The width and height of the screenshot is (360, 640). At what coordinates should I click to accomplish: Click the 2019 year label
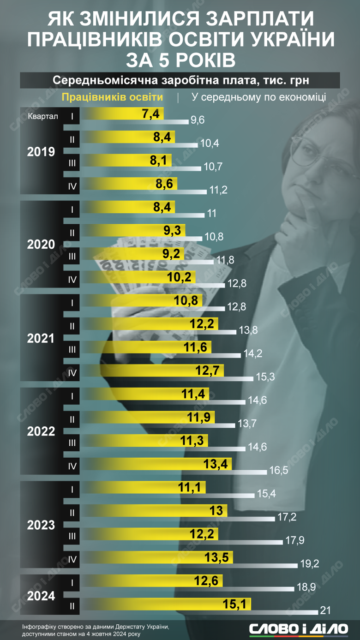pyautogui.click(x=41, y=152)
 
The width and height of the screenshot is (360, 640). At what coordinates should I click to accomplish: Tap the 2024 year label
pyautogui.click(x=41, y=596)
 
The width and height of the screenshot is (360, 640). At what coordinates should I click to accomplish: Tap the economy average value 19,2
pyautogui.click(x=310, y=564)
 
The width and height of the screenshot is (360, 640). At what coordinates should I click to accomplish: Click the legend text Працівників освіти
pyautogui.click(x=112, y=97)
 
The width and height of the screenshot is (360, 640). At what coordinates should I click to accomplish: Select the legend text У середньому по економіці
pyautogui.click(x=258, y=97)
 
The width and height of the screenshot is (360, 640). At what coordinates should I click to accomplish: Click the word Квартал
pyautogui.click(x=42, y=116)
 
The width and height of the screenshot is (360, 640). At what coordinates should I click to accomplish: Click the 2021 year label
pyautogui.click(x=41, y=338)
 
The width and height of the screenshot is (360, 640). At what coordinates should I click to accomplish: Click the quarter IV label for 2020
pyautogui.click(x=72, y=279)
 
